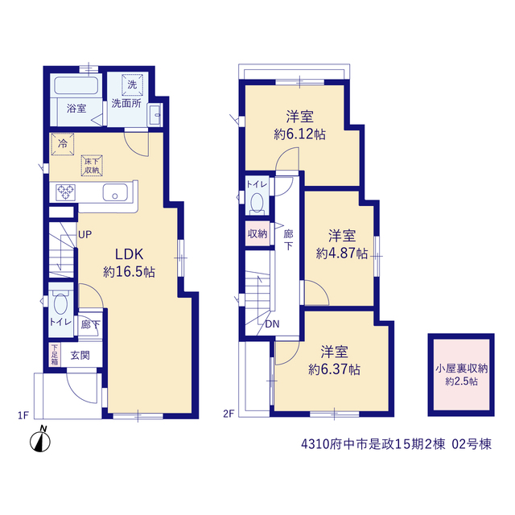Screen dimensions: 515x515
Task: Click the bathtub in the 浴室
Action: pyautogui.click(x=76, y=85)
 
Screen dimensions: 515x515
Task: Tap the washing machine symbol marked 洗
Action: pyautogui.click(x=132, y=84)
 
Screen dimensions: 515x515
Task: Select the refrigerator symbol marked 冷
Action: pyautogui.click(x=63, y=144)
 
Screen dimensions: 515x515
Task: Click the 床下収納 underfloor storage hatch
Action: pyautogui.click(x=92, y=166)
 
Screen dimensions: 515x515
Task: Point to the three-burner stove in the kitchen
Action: pyautogui.click(x=65, y=192)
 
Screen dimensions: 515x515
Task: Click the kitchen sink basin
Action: pyautogui.click(x=115, y=192)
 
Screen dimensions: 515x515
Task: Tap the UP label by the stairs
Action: pyautogui.click(x=84, y=234)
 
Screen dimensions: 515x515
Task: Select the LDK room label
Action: pyautogui.click(x=129, y=254)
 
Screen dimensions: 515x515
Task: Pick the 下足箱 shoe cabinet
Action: pyautogui.click(x=55, y=354)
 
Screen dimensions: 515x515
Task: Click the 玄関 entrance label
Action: pyautogui.click(x=80, y=355)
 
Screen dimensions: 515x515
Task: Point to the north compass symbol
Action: pyautogui.click(x=40, y=440)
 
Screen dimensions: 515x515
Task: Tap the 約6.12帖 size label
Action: pyautogui.click(x=299, y=134)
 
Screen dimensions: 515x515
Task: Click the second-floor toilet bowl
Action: pyautogui.click(x=257, y=203)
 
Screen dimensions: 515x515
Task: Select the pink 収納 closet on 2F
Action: pyautogui.click(x=257, y=233)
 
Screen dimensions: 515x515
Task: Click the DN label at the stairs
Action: pyautogui.click(x=272, y=324)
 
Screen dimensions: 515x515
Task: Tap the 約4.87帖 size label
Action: pyautogui.click(x=341, y=253)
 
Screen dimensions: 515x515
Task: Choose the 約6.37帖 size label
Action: pyautogui.click(x=334, y=370)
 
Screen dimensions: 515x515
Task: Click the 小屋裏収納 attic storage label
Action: pyautogui.click(x=461, y=369)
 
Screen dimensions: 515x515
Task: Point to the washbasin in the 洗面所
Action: pyautogui.click(x=155, y=114)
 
